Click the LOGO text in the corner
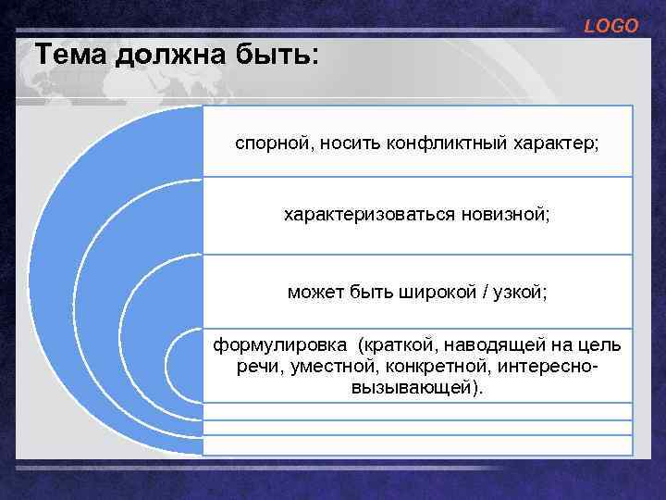coord(611,27)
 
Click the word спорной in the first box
coord(267,144)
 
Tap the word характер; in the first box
coord(557,144)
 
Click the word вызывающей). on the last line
coord(417,388)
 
